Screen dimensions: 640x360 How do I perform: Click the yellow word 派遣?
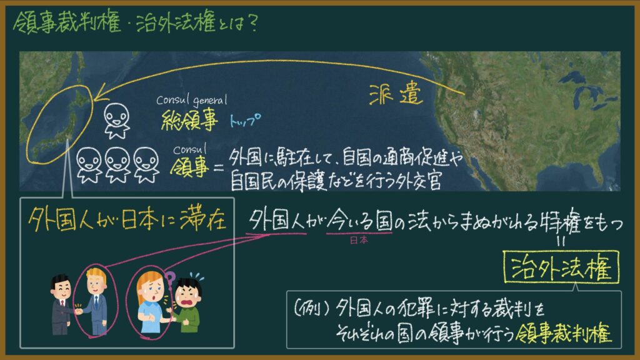coord(396,95)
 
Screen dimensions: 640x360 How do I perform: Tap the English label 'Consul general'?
coord(191,99)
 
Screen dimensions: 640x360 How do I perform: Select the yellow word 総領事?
coord(189,120)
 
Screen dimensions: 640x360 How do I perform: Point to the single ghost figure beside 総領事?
coord(117,121)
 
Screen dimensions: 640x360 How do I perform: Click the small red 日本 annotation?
coord(359,240)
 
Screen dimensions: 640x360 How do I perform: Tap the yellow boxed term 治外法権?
coord(561,267)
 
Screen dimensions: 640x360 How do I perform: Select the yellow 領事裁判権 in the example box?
coord(564,334)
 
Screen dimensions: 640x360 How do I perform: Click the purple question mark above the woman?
coord(169,278)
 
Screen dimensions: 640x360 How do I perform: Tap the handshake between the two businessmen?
coord(79,311)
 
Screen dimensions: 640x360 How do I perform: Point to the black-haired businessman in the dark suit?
coord(61,304)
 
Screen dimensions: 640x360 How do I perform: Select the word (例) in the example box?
coord(312,309)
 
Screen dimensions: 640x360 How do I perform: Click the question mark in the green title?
coord(252,23)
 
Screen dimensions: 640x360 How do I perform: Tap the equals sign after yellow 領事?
coord(219,167)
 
